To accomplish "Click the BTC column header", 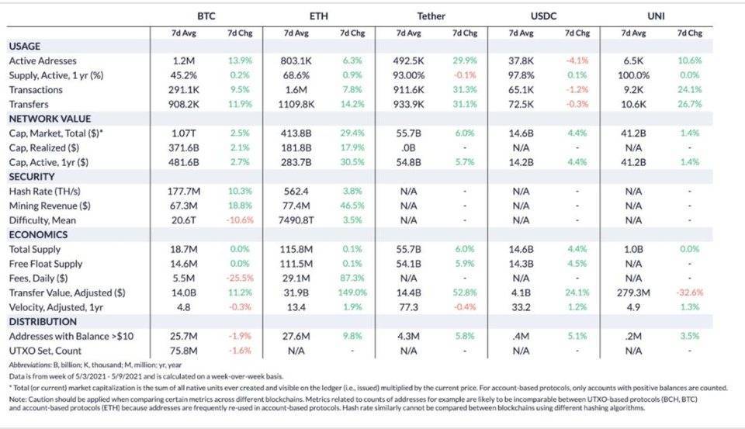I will tap(205, 16).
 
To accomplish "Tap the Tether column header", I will tap(431, 16).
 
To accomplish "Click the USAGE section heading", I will tap(25, 47).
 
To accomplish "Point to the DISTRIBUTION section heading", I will tap(43, 322).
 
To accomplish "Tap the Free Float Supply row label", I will tap(45, 264).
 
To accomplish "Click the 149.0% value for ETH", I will tap(352, 292).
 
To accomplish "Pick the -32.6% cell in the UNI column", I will tap(691, 292).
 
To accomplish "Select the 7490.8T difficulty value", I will tap(297, 220).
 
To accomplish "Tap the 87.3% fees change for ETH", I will tap(352, 278).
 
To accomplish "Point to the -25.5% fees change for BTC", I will tap(239, 278).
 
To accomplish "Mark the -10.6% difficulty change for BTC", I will tap(239, 220).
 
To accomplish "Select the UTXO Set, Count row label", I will tap(45, 351).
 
